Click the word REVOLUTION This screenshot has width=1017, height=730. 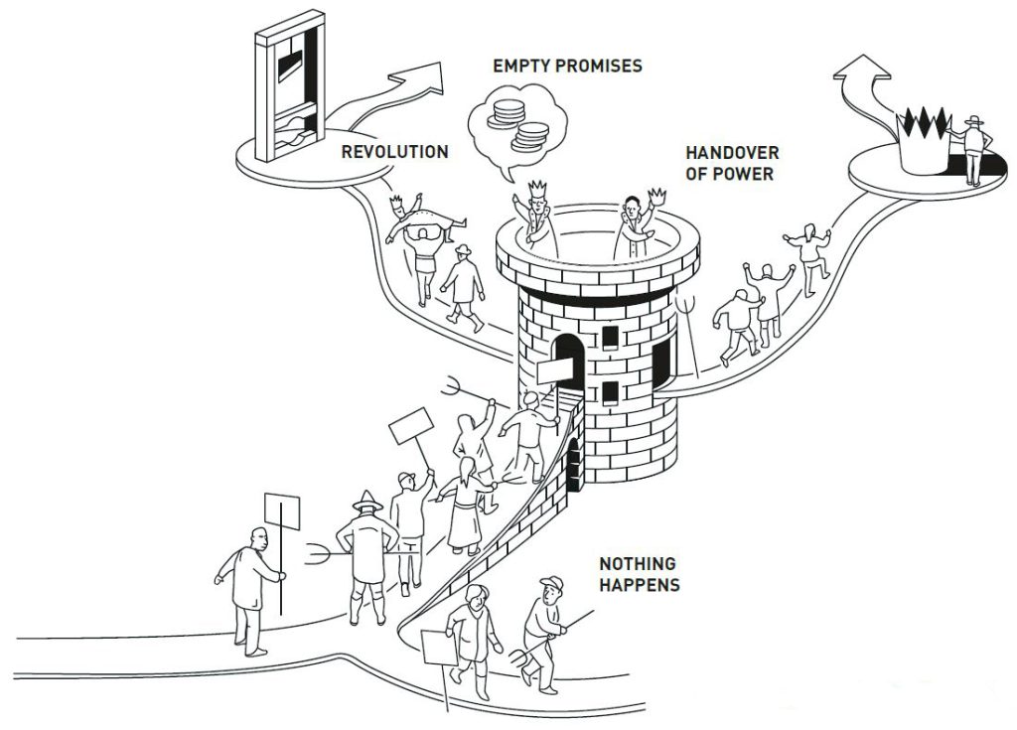click(x=394, y=152)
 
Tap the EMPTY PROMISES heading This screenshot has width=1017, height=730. click(x=567, y=67)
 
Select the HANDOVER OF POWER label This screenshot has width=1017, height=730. click(x=732, y=164)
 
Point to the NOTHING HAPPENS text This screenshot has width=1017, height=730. click(x=639, y=573)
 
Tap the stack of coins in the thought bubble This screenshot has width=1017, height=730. click(x=517, y=118)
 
